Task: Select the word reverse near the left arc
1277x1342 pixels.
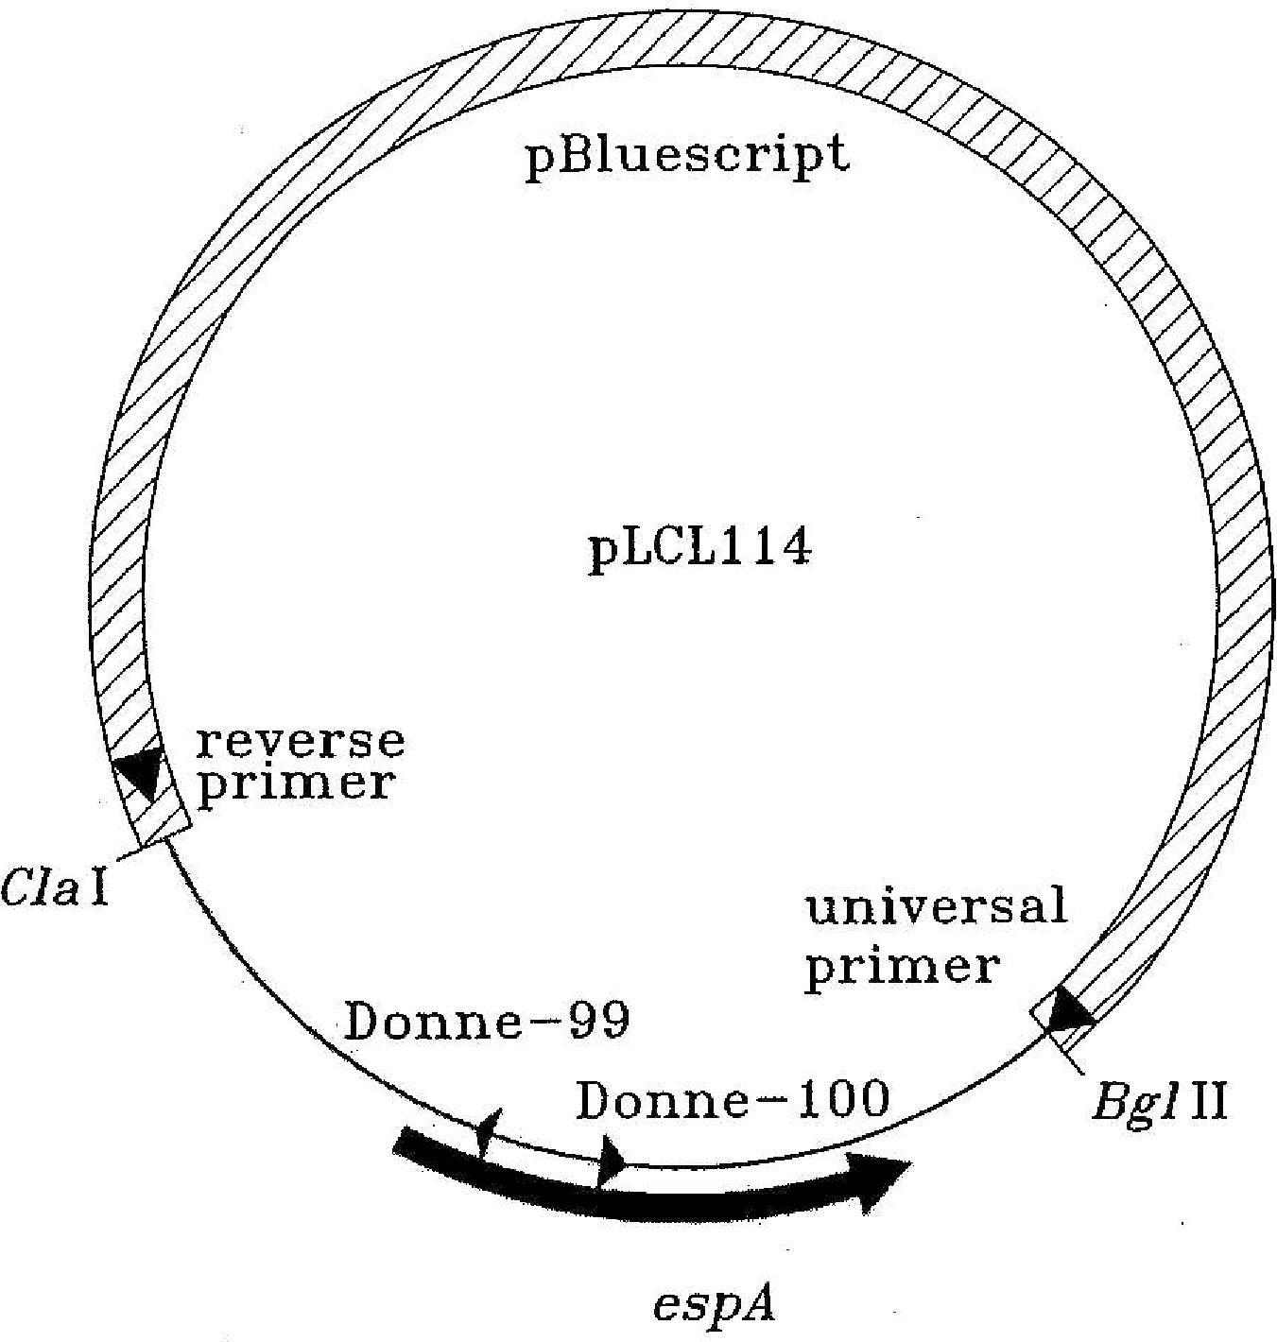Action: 301,741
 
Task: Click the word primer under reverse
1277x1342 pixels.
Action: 294,784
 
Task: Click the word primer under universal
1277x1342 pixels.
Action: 902,966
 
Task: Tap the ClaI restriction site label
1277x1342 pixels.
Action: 56,887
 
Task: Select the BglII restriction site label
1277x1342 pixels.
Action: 1159,1101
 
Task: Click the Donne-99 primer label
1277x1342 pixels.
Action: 487,1022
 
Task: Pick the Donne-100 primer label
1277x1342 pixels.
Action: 733,1100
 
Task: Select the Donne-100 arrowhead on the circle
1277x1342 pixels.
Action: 612,1158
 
